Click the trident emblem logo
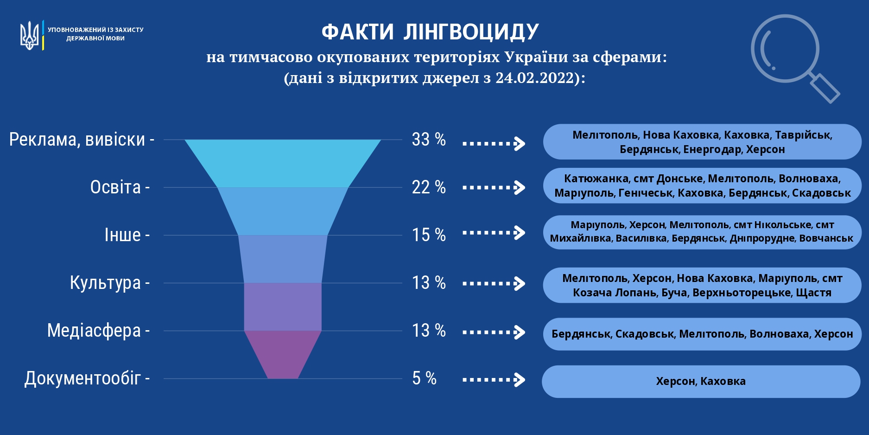tap(29, 35)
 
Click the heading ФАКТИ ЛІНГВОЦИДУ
tap(430, 32)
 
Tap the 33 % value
tap(429, 140)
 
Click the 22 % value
tap(429, 187)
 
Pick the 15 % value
tap(429, 235)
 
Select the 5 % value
tap(425, 378)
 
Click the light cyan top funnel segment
tap(283, 163)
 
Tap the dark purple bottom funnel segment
tap(283, 354)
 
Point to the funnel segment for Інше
tap(283, 259)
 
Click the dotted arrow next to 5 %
tap(494, 380)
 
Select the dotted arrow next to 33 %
tap(494, 143)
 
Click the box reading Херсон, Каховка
tap(701, 381)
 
